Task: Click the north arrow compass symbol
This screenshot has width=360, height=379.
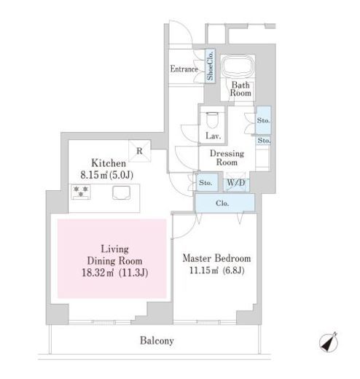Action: click(x=329, y=342)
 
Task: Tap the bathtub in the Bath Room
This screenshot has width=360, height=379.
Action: click(x=238, y=66)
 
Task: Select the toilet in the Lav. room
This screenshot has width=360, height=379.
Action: click(x=212, y=120)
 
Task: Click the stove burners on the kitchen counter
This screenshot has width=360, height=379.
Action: click(x=81, y=192)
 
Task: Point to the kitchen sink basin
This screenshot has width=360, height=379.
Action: click(x=121, y=193)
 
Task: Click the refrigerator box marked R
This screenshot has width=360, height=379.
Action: click(x=139, y=151)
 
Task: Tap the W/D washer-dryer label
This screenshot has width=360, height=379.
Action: click(x=236, y=182)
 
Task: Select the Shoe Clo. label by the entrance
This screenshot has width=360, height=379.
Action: click(x=210, y=66)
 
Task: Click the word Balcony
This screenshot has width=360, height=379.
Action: click(x=157, y=340)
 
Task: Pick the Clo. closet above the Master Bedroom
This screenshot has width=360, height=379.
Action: click(x=225, y=203)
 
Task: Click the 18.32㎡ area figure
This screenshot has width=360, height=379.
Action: click(x=98, y=273)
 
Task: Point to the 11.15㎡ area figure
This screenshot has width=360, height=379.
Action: click(x=203, y=270)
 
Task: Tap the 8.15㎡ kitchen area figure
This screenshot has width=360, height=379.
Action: click(x=94, y=175)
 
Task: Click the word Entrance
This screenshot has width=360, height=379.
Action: click(x=184, y=69)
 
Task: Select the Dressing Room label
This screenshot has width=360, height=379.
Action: click(x=227, y=157)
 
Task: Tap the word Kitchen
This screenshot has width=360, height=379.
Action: click(x=109, y=163)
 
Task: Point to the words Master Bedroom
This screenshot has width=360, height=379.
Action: click(x=216, y=258)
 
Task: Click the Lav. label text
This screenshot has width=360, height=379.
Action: click(x=213, y=136)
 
